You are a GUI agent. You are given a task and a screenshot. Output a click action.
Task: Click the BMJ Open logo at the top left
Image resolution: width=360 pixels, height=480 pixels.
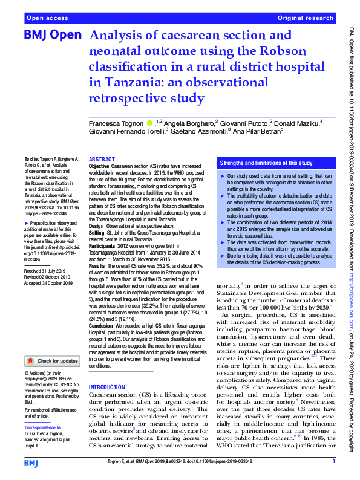52,35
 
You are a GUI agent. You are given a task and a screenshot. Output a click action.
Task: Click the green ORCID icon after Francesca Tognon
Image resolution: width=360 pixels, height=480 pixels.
149,123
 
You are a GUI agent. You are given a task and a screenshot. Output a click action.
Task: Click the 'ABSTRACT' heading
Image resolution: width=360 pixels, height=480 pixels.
102,159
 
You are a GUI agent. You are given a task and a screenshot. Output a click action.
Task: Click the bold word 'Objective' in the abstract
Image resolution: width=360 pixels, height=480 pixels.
99,166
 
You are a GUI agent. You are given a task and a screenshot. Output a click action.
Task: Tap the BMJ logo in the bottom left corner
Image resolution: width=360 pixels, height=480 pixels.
31,462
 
